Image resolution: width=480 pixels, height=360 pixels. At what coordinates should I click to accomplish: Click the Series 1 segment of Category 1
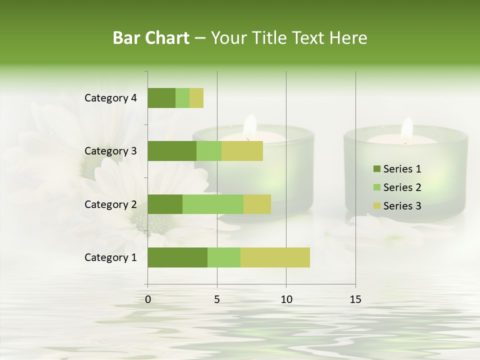click(x=177, y=257)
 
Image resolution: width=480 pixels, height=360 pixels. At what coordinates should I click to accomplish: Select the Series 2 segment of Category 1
click(x=224, y=257)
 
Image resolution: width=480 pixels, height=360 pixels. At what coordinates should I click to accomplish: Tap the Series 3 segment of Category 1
click(x=275, y=257)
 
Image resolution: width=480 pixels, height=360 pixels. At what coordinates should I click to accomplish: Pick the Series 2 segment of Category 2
click(x=213, y=204)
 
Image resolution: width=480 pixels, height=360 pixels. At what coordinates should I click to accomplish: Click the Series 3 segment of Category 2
click(x=257, y=204)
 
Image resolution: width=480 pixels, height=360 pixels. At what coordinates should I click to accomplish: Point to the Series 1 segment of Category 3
click(x=172, y=151)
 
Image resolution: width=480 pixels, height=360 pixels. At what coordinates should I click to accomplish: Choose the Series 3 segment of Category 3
click(x=242, y=151)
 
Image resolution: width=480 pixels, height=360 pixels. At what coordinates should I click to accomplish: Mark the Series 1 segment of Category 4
click(x=161, y=98)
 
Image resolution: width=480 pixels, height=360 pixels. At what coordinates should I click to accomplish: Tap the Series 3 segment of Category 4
click(x=196, y=98)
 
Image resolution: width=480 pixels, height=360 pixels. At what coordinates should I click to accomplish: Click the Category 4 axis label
click(x=110, y=98)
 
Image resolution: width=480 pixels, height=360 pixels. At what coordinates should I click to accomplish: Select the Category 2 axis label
click(x=110, y=204)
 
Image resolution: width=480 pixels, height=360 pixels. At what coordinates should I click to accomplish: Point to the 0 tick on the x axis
click(x=148, y=299)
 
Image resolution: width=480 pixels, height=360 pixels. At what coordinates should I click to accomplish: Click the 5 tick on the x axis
click(x=217, y=299)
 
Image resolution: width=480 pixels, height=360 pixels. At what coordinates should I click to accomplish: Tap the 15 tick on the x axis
click(x=355, y=299)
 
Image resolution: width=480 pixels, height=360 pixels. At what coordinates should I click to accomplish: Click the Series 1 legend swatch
click(x=376, y=169)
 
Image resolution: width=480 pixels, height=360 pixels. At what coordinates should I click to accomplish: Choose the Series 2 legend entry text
click(x=402, y=187)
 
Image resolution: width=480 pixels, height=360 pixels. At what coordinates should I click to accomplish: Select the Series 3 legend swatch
click(x=376, y=206)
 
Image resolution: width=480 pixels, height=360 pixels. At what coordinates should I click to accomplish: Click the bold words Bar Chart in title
click(x=151, y=38)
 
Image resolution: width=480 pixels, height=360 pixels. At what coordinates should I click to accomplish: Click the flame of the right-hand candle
click(x=407, y=129)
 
